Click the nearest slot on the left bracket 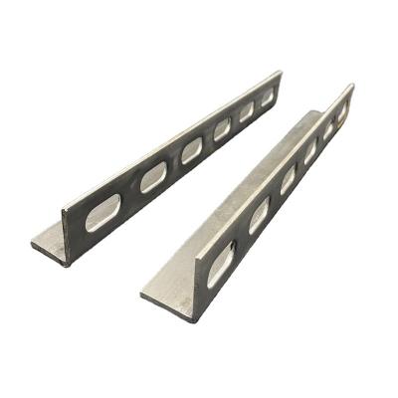pyautogui.click(x=102, y=212)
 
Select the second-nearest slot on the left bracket pyautogui.click(x=153, y=177)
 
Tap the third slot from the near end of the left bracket pyautogui.click(x=191, y=150)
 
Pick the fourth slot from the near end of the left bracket pyautogui.click(x=222, y=129)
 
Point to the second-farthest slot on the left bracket pyautogui.click(x=247, y=111)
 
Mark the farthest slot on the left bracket pyautogui.click(x=267, y=98)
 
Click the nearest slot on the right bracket pyautogui.click(x=220, y=265)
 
